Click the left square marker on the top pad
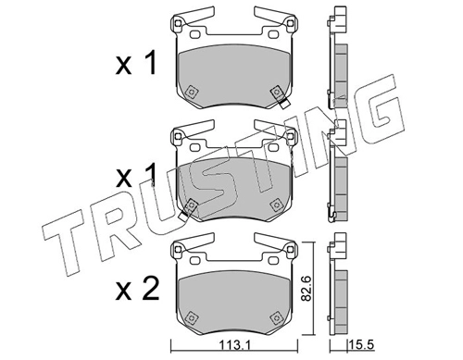tap(191, 93)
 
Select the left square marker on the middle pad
tap(191, 205)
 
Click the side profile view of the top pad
tap(337, 65)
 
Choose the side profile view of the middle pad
tap(337, 176)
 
